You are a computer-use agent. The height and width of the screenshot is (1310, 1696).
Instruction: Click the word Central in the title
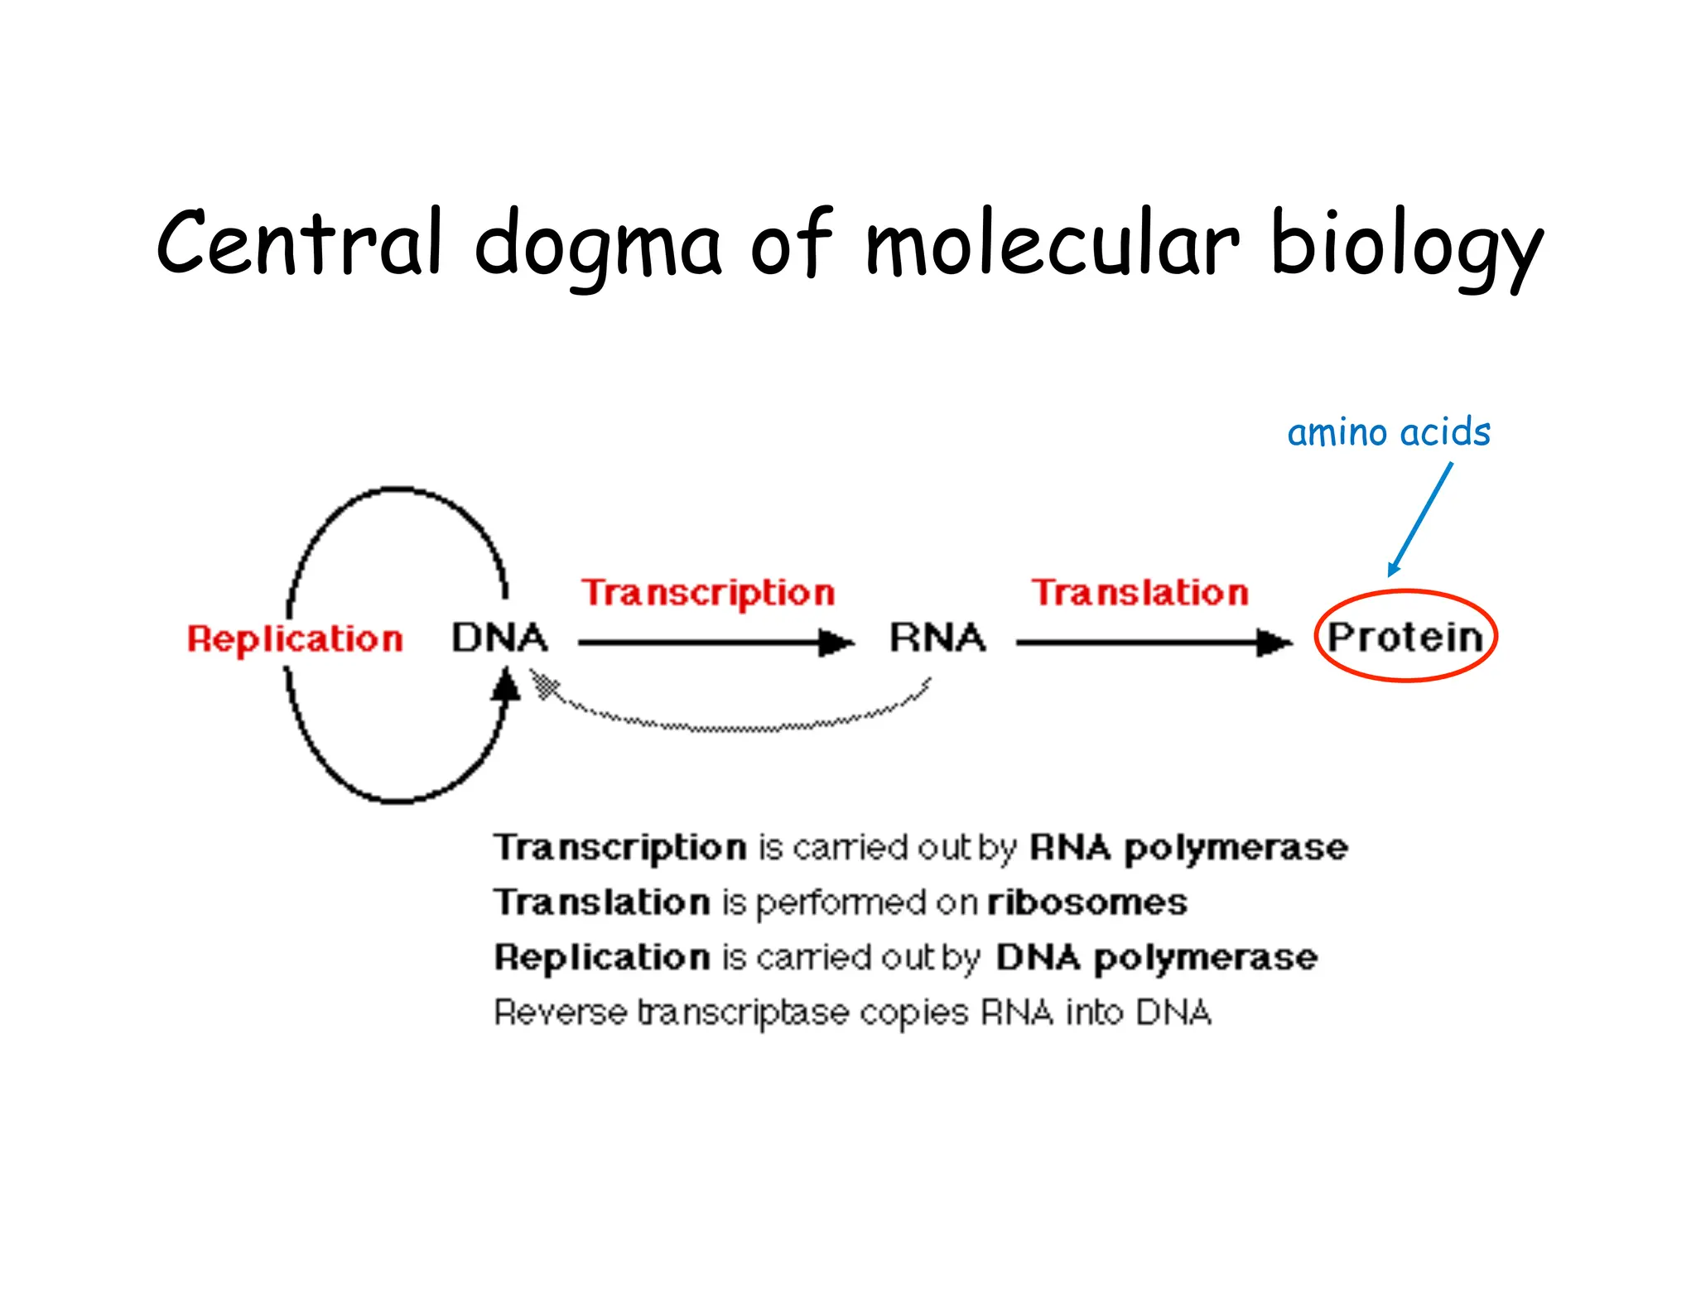(x=298, y=243)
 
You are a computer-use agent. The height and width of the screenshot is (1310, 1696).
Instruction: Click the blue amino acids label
(x=1389, y=432)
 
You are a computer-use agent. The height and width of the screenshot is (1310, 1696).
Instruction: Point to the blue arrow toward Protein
(x=1421, y=518)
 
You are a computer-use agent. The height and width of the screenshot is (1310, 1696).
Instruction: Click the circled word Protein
(x=1405, y=637)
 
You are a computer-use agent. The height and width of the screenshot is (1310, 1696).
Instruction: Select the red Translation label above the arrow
(x=1139, y=592)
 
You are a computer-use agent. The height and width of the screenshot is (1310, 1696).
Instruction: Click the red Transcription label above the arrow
(x=708, y=593)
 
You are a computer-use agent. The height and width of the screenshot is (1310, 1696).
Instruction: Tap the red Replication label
(x=295, y=638)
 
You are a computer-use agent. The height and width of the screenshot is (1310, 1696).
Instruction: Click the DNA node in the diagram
(x=499, y=638)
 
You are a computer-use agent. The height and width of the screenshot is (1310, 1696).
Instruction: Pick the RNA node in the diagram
(x=937, y=638)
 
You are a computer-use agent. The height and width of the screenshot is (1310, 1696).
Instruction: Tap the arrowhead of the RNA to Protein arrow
(x=1274, y=642)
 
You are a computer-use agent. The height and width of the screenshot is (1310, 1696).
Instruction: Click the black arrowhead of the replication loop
(x=506, y=686)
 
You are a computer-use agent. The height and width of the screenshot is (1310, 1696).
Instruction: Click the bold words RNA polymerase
(x=1188, y=847)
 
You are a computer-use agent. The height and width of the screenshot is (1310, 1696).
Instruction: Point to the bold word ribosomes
(x=1086, y=902)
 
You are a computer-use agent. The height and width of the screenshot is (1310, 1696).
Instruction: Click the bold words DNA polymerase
(x=1156, y=957)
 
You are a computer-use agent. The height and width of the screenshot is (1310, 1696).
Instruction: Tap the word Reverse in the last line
(x=560, y=1012)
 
